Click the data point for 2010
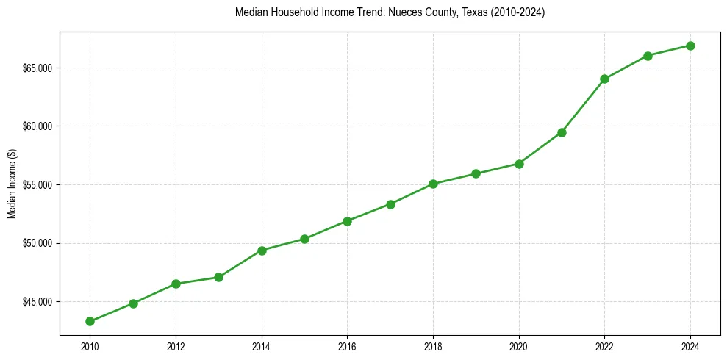click(90, 321)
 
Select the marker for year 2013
click(218, 277)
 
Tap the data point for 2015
click(304, 239)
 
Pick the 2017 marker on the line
click(390, 204)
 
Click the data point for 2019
click(476, 173)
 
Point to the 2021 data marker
click(562, 132)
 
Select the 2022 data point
click(604, 79)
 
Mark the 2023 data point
click(648, 56)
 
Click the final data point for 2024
click(690, 46)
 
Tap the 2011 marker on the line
click(133, 303)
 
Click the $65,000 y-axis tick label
click(38, 68)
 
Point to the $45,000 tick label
click(38, 302)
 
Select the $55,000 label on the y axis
click(38, 185)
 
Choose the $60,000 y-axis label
click(38, 126)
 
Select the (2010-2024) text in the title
click(515, 12)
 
